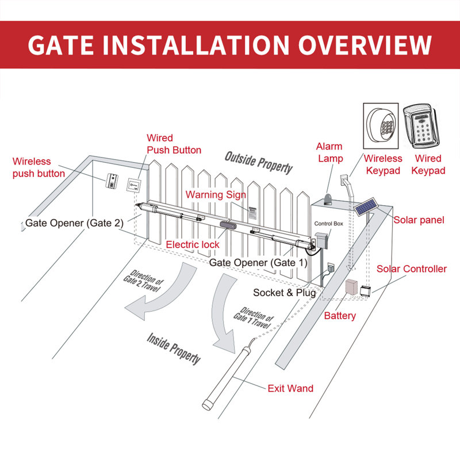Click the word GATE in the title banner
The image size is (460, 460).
point(70,45)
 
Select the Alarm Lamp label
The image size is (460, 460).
point(329,152)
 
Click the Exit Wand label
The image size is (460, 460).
point(290,388)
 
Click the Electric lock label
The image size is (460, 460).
point(193,244)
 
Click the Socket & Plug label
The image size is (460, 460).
point(284,293)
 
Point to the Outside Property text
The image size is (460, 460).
point(258,163)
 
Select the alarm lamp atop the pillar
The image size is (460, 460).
point(325,197)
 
